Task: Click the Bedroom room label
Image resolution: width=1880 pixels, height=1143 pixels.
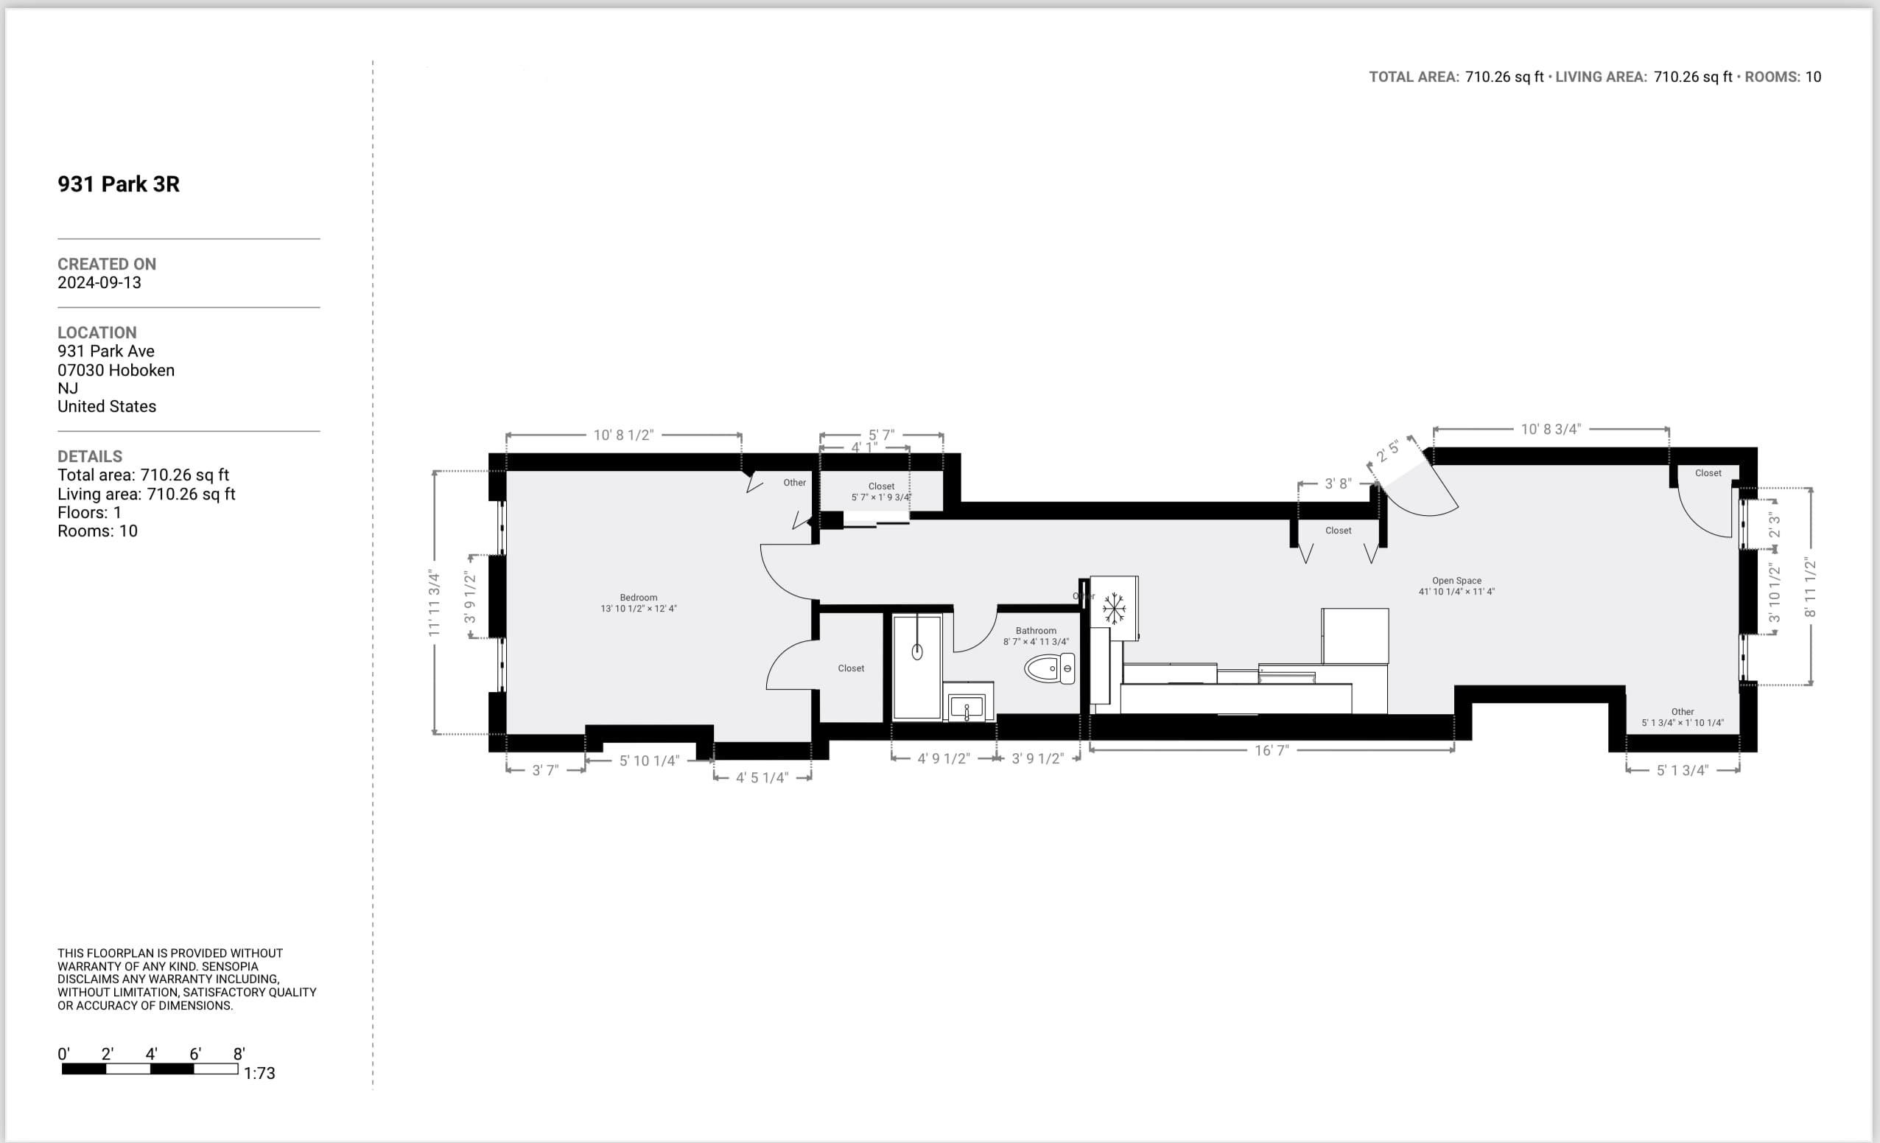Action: click(x=638, y=598)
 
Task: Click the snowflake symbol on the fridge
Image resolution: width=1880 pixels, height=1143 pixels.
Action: click(x=1114, y=608)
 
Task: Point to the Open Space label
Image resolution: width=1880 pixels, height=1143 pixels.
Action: click(x=1456, y=581)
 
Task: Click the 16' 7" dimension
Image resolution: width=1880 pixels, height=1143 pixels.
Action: click(x=1272, y=751)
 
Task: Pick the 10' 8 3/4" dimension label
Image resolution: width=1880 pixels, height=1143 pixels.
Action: click(x=1551, y=430)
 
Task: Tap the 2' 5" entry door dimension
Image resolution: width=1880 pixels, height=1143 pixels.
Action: click(x=1387, y=450)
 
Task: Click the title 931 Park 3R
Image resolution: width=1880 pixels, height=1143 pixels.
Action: click(x=119, y=185)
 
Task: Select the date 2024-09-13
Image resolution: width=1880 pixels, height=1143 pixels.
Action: click(x=99, y=283)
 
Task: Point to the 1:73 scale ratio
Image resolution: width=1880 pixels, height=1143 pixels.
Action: click(x=259, y=1074)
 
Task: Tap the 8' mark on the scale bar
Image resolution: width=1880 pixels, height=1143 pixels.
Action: click(x=239, y=1055)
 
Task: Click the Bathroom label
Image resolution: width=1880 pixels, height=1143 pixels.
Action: click(x=1035, y=631)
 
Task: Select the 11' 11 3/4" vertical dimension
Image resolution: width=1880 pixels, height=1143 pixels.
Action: click(x=434, y=603)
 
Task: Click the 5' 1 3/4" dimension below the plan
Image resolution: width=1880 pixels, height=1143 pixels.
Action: click(x=1682, y=771)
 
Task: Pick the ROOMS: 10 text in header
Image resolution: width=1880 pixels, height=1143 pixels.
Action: click(x=1782, y=77)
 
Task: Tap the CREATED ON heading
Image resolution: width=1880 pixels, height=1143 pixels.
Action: click(x=107, y=265)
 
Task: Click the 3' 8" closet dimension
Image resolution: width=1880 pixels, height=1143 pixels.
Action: click(x=1338, y=483)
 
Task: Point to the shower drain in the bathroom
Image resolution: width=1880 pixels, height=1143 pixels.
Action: click(x=917, y=651)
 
